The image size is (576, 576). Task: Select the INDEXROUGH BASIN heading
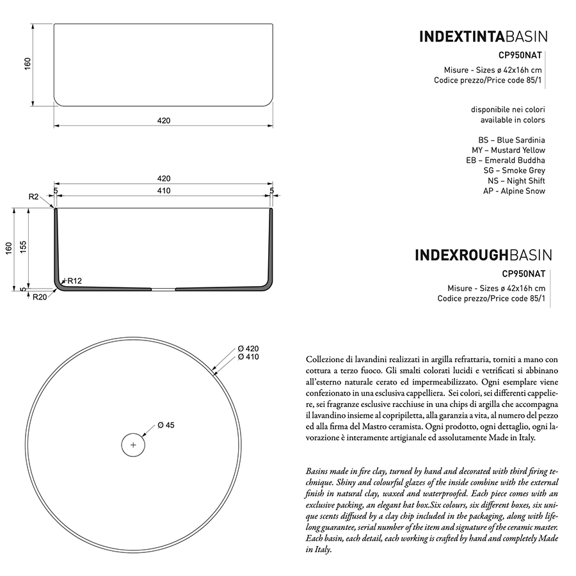(483, 255)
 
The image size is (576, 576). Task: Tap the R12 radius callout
(74, 281)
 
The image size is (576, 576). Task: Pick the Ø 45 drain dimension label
(166, 425)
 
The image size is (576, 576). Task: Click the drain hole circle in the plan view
(133, 444)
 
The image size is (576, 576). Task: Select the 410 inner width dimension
(163, 191)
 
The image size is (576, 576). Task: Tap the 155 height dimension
(23, 248)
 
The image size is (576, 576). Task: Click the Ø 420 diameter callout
(248, 348)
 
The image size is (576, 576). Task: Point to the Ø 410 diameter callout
(248, 357)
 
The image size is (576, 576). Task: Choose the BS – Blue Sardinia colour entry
(511, 140)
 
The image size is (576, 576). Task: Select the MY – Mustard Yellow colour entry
(509, 150)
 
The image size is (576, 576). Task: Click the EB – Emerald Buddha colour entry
(506, 160)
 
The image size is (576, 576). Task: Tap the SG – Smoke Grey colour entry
(515, 170)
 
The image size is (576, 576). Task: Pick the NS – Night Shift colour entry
(516, 180)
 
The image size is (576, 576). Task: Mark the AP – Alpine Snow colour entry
(514, 191)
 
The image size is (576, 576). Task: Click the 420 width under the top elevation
(163, 120)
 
